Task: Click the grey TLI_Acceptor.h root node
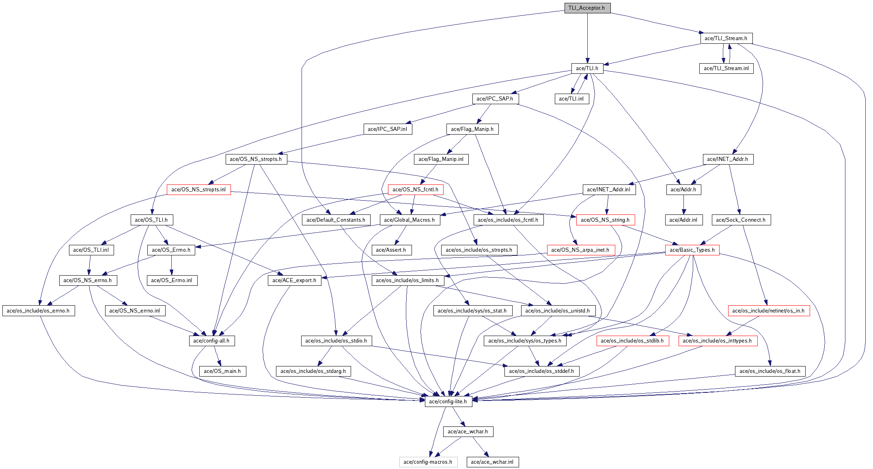coord(587,8)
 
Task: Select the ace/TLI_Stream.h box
coord(726,38)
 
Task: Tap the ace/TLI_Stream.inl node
coord(726,68)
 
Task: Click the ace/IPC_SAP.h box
coord(495,99)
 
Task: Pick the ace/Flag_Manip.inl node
coord(441,159)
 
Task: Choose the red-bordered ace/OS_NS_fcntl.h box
coord(415,189)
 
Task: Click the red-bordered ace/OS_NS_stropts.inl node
coord(198,189)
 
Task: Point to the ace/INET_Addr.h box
coord(728,159)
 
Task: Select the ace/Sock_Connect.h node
coord(741,220)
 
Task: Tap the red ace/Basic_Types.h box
coord(692,250)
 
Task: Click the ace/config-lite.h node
coord(448,401)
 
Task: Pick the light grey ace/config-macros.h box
coord(428,462)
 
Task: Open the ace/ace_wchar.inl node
coord(492,462)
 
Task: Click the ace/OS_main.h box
coord(222,371)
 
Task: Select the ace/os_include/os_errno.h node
coord(38,311)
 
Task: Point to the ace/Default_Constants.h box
coord(336,220)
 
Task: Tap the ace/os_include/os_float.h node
coord(770,371)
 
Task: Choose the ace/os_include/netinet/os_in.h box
coord(768,311)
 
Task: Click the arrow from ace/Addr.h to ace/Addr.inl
coord(683,205)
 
